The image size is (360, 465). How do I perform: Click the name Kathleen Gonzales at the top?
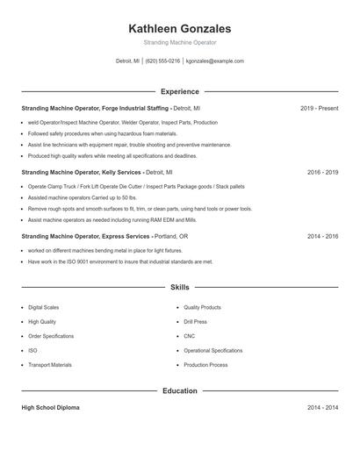click(x=179, y=28)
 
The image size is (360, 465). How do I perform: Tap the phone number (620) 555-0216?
click(x=163, y=61)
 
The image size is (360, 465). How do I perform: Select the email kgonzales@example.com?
click(x=215, y=61)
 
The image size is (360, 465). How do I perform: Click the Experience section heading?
click(x=179, y=91)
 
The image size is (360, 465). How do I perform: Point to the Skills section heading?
click(x=179, y=287)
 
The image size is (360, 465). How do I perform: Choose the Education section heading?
click(x=179, y=390)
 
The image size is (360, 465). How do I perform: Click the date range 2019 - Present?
click(x=319, y=108)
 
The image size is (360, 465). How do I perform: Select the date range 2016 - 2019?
click(x=322, y=172)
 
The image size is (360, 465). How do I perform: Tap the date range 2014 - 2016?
click(x=322, y=236)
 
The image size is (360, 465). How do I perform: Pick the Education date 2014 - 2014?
click(x=322, y=408)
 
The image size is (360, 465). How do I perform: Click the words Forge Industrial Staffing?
click(x=136, y=108)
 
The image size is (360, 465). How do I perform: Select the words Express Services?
click(x=126, y=236)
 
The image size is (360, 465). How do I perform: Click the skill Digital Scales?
click(x=44, y=308)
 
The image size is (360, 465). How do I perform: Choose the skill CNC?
click(x=190, y=336)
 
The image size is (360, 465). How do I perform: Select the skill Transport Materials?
click(x=50, y=364)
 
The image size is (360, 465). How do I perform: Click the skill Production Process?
click(x=205, y=364)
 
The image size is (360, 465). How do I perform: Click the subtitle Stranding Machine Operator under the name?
click(x=179, y=42)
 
